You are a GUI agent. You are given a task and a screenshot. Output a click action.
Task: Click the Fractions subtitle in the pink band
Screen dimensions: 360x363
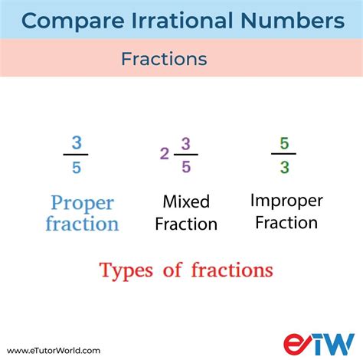pos(164,59)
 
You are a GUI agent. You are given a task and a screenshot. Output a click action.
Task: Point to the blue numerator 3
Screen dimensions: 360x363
pos(76,142)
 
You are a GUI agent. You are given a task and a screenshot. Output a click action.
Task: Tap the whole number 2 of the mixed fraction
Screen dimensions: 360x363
pos(164,154)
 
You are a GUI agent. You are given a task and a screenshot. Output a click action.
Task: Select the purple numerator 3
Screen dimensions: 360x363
pos(185,142)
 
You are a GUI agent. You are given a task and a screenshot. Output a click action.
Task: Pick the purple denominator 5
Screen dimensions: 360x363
pos(185,166)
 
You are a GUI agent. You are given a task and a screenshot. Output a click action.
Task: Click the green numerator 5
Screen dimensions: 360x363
pos(283,142)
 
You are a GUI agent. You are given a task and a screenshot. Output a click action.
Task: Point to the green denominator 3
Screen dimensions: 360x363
pos(283,166)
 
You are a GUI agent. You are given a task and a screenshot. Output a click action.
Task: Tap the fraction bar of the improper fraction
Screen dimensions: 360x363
pos(283,154)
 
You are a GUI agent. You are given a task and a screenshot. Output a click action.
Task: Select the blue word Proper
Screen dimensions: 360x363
pos(82,204)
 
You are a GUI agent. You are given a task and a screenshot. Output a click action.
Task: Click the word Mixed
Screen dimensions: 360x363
pos(185,201)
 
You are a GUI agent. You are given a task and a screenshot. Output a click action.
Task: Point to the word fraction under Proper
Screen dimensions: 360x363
pos(82,224)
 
